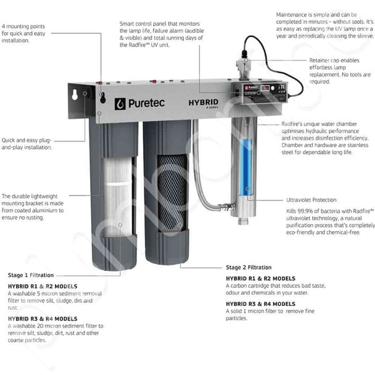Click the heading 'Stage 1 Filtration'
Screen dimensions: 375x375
click(x=31, y=274)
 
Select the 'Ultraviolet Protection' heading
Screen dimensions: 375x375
click(x=311, y=200)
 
